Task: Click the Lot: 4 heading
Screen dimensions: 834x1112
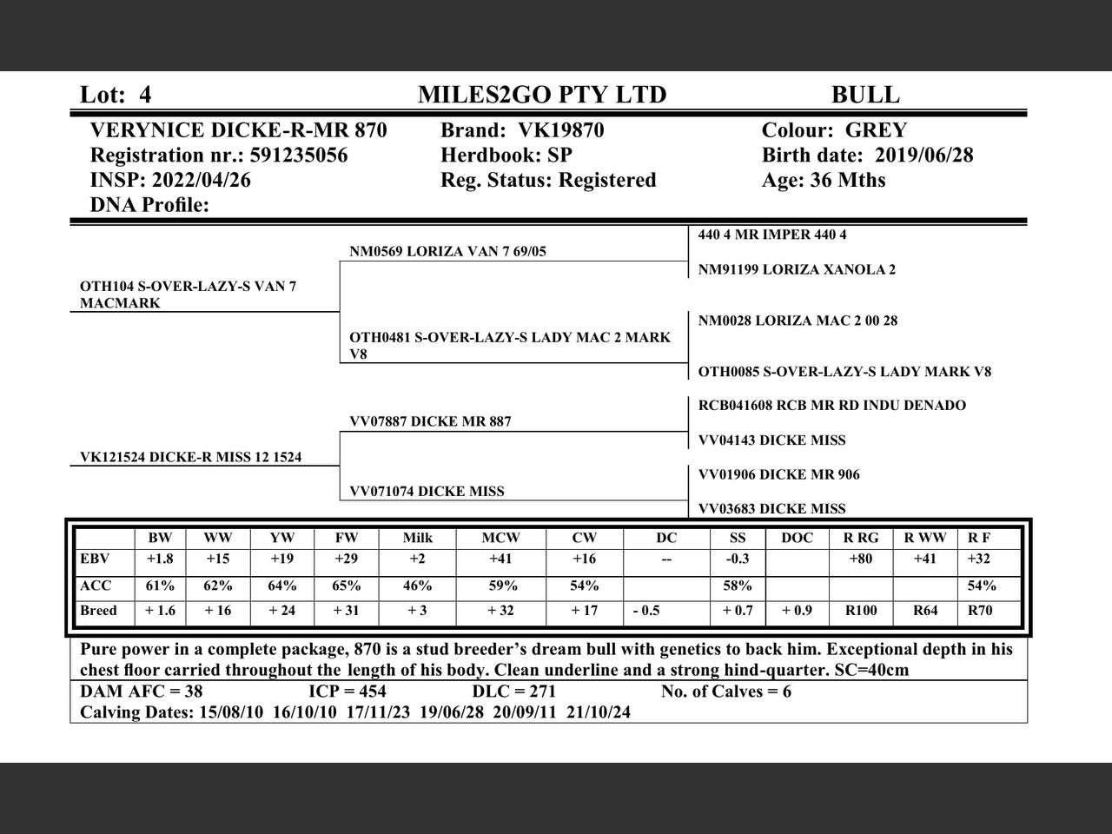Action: click(x=116, y=95)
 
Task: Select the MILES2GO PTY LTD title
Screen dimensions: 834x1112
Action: click(x=542, y=95)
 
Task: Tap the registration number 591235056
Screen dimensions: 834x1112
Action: click(x=298, y=156)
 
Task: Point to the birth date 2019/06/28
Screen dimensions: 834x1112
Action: click(x=923, y=156)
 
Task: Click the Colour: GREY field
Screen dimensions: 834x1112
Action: click(x=834, y=130)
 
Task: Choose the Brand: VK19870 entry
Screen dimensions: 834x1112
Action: click(x=522, y=130)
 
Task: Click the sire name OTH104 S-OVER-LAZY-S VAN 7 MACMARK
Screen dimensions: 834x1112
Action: click(x=188, y=295)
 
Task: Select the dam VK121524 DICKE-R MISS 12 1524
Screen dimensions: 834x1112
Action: click(x=191, y=457)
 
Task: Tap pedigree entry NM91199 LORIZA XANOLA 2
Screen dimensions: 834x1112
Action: click(x=797, y=269)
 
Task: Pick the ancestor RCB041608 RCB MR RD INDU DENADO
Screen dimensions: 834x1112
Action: click(x=831, y=406)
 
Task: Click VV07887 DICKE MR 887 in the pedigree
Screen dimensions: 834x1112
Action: click(x=430, y=422)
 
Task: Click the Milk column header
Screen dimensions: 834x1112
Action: click(x=417, y=538)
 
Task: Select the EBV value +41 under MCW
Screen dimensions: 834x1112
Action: click(x=500, y=559)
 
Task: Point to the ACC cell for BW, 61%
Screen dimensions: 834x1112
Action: click(x=160, y=586)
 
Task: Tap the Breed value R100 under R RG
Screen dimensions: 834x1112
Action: click(x=860, y=611)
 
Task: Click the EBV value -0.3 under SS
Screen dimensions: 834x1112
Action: click(x=737, y=559)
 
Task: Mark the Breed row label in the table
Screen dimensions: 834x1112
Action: click(x=98, y=611)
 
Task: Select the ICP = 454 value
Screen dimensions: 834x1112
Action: click(x=347, y=692)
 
